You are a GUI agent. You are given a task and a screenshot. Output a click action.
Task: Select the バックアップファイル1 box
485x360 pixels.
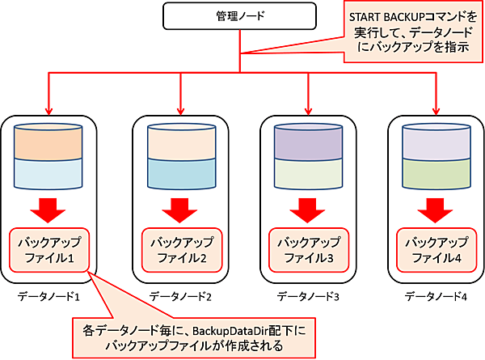(x=49, y=250)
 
